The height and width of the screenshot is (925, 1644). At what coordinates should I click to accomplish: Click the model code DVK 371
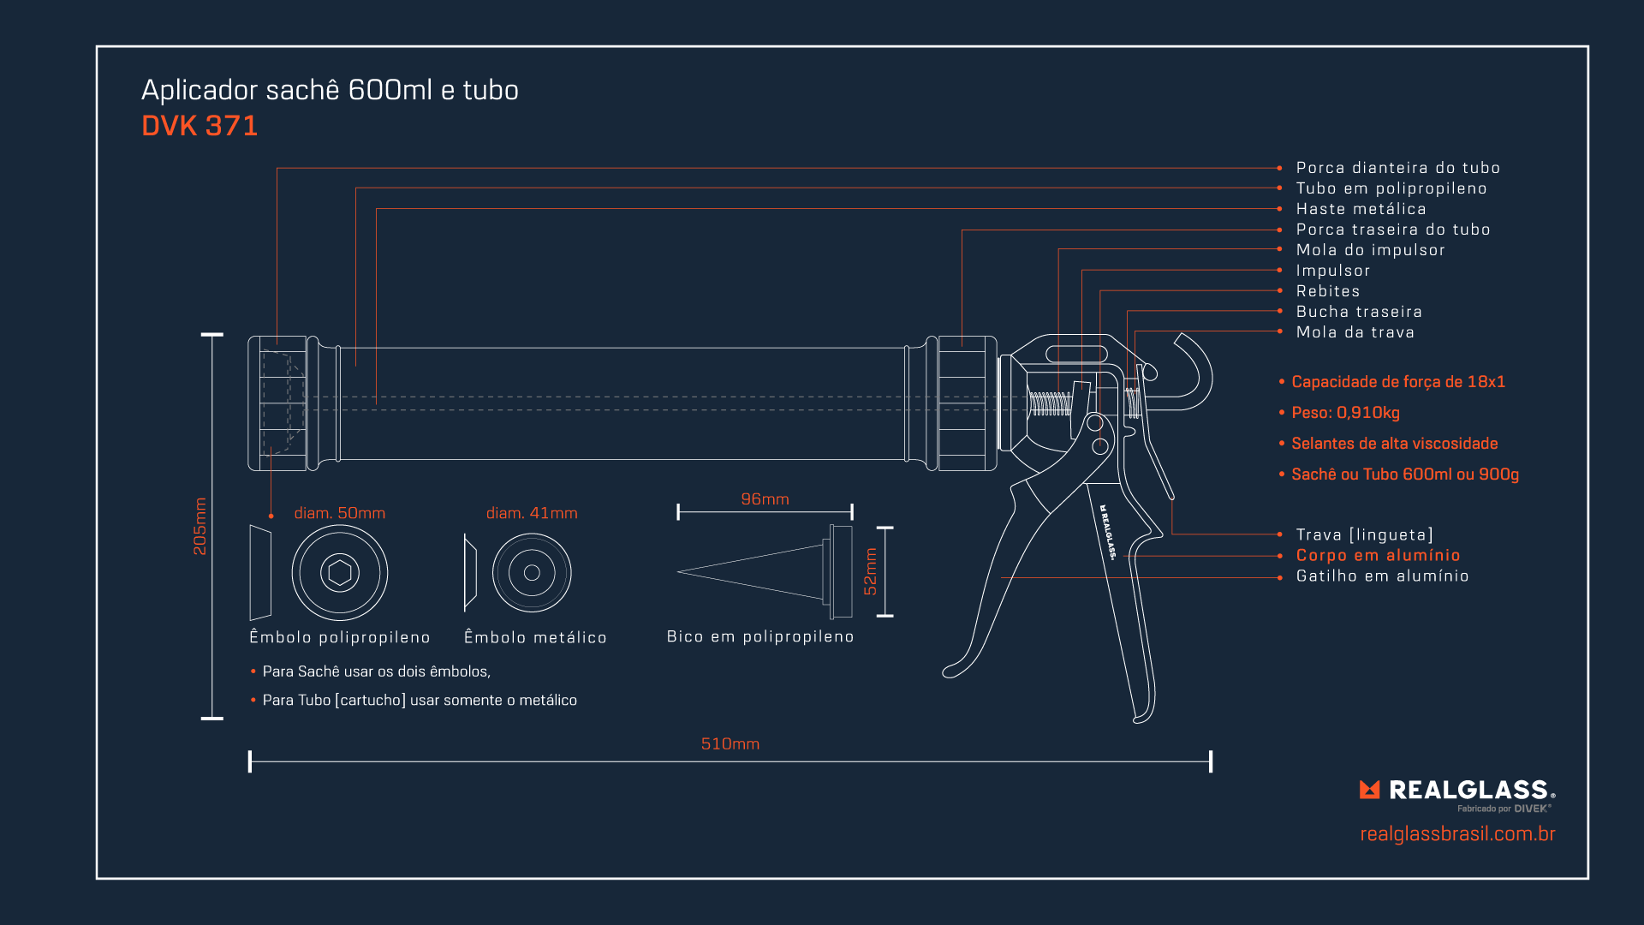(x=200, y=126)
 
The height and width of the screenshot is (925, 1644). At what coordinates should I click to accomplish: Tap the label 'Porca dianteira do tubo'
(x=1397, y=168)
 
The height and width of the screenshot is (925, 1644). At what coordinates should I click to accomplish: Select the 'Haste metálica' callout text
(x=1361, y=209)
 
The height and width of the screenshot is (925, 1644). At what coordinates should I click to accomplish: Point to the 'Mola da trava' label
(x=1355, y=332)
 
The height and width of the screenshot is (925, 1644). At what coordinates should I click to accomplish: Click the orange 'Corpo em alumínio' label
(x=1378, y=555)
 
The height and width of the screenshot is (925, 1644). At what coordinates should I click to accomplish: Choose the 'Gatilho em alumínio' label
(x=1382, y=576)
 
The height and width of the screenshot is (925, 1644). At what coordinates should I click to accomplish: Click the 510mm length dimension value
(x=730, y=743)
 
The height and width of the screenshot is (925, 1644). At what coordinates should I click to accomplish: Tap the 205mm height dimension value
(x=200, y=526)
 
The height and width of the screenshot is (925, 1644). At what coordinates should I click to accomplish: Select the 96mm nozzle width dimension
(x=765, y=498)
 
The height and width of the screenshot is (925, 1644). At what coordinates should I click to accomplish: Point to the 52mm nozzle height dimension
(x=870, y=571)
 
